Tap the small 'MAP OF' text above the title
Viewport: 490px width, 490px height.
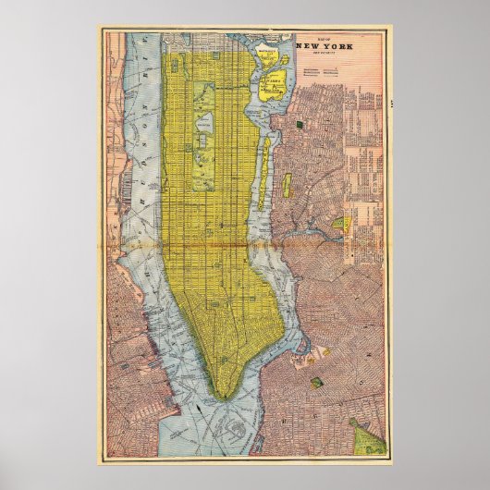click(x=330, y=37)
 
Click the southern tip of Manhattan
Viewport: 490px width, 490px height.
click(x=222, y=396)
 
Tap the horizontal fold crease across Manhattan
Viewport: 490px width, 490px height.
click(x=213, y=245)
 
